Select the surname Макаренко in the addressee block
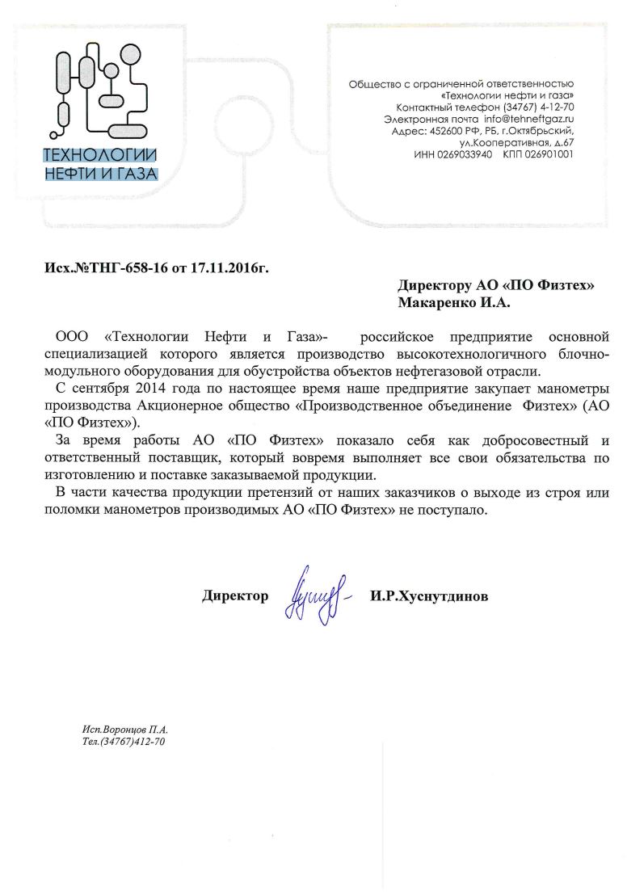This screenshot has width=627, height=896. tap(440, 302)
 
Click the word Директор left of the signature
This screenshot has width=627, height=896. tap(235, 596)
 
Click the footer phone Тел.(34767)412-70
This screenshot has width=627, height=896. tap(124, 741)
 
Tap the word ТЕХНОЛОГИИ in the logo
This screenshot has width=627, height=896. tap(100, 156)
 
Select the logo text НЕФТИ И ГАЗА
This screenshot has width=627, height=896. tap(100, 172)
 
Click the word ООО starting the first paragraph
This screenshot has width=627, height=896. tap(71, 336)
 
